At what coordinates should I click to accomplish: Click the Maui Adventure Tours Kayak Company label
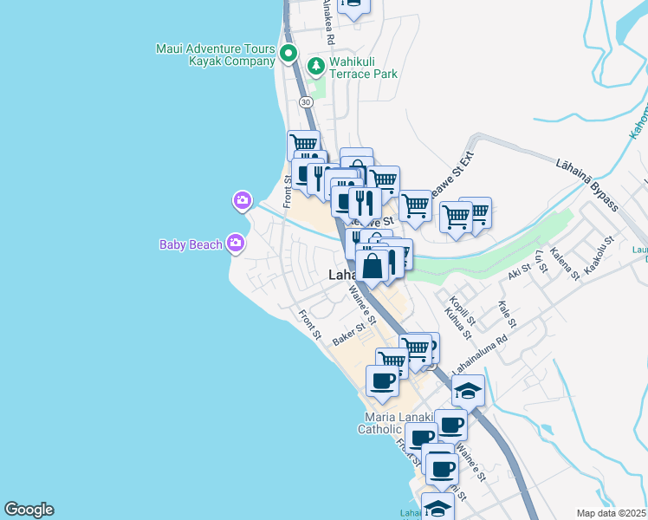216,55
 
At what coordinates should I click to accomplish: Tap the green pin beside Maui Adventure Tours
288,55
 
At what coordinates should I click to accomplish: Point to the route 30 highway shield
306,102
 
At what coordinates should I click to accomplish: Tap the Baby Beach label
191,244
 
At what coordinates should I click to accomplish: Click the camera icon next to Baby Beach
235,244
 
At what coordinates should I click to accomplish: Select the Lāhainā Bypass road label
586,184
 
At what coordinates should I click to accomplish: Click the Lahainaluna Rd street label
476,352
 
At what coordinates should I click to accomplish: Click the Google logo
29,510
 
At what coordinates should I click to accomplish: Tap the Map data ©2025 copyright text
612,513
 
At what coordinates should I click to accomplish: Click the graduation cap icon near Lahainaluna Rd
468,391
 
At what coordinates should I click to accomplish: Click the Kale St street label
507,314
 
